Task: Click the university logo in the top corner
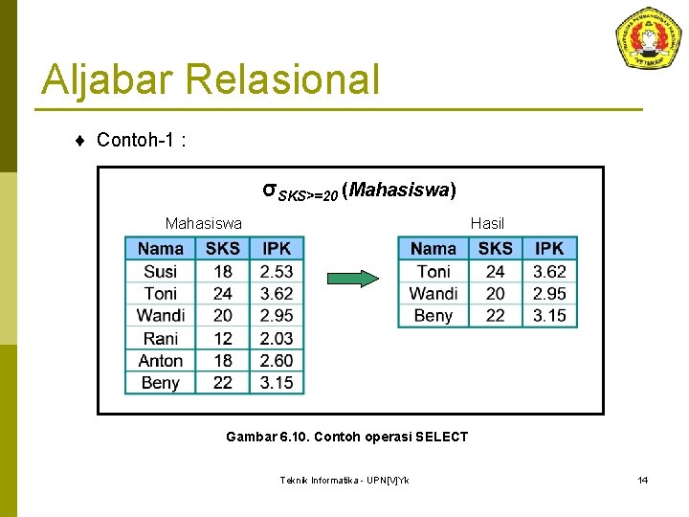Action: (648, 37)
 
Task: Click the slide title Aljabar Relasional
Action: (211, 79)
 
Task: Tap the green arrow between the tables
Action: (353, 279)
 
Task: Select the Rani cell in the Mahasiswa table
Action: (161, 338)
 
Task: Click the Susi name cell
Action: (161, 271)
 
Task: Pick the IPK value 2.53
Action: (277, 271)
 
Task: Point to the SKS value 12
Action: (223, 338)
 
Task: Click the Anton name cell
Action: (161, 361)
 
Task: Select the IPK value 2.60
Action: (277, 361)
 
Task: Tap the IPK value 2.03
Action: (277, 338)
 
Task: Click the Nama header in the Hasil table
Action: (433, 249)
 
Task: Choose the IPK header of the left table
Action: (277, 249)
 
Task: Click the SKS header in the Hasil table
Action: (496, 249)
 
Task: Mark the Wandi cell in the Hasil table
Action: (433, 294)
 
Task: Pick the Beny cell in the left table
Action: (161, 383)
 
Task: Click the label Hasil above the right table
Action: (487, 224)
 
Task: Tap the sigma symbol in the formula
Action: (270, 189)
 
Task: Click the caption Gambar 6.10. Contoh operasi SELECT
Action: (346, 437)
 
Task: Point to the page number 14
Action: (643, 480)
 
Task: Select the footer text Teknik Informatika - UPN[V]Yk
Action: (344, 480)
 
